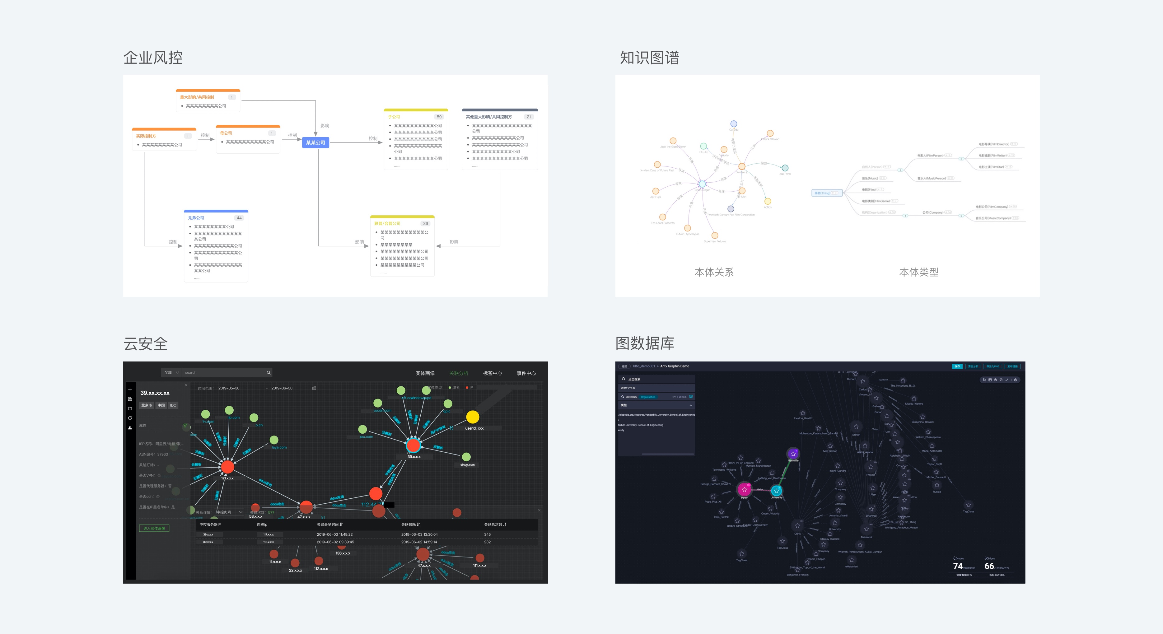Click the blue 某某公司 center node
pyautogui.click(x=315, y=143)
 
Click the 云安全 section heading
pyautogui.click(x=145, y=344)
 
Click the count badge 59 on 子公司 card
pyautogui.click(x=439, y=117)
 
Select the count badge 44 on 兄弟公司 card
pyautogui.click(x=239, y=218)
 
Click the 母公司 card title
pyautogui.click(x=226, y=133)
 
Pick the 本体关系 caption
pyautogui.click(x=714, y=272)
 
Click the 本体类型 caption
pyautogui.click(x=919, y=272)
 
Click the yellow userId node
pyautogui.click(x=473, y=417)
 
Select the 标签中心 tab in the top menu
pyautogui.click(x=492, y=373)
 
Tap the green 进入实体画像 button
pyautogui.click(x=154, y=528)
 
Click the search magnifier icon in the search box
pyautogui.click(x=269, y=373)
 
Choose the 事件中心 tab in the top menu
pyautogui.click(x=526, y=373)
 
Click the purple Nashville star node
pyautogui.click(x=793, y=453)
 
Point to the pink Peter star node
pyautogui.click(x=744, y=489)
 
